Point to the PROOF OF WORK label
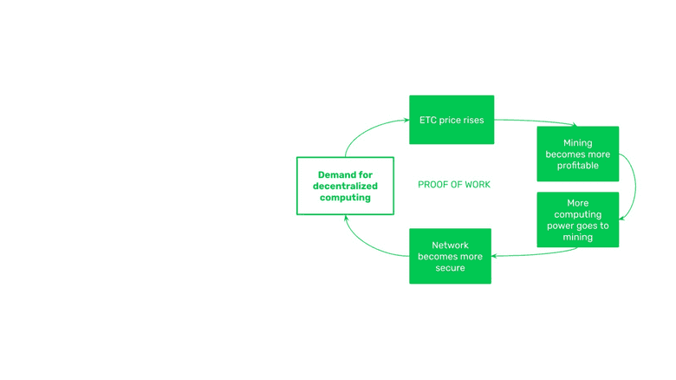click(454, 185)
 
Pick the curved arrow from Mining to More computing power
click(634, 187)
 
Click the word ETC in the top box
click(428, 121)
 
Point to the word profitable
click(577, 166)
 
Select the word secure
click(450, 268)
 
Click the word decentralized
click(345, 186)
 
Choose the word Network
click(450, 246)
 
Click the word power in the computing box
click(560, 226)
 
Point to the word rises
click(472, 121)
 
